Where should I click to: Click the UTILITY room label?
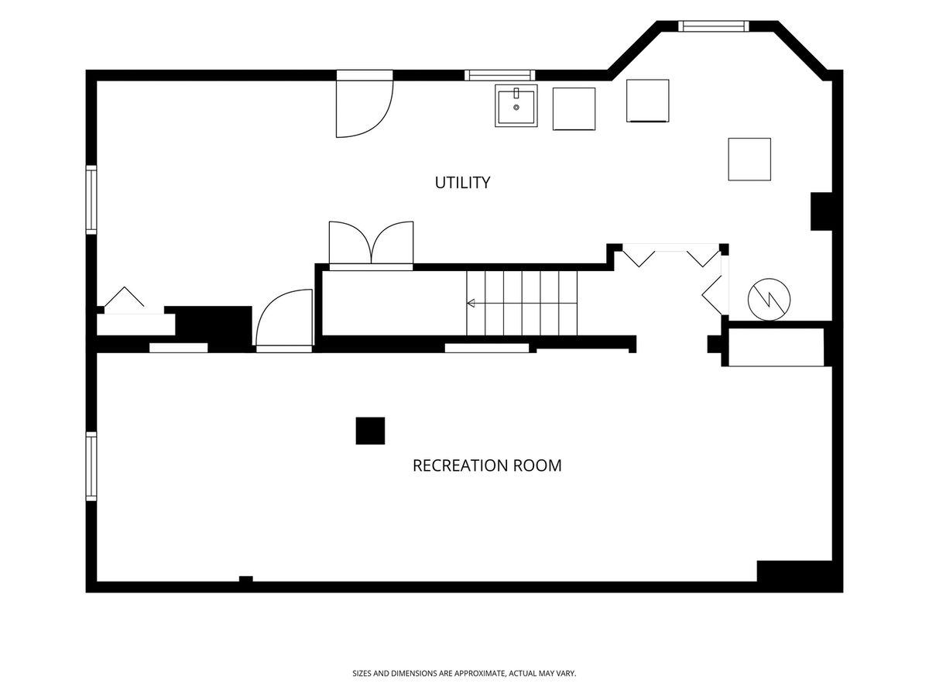462,183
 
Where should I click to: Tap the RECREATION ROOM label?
487,465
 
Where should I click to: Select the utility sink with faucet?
516,105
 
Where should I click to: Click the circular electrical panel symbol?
769,299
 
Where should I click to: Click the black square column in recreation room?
370,431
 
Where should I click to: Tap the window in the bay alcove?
714,26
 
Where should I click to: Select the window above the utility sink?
500,75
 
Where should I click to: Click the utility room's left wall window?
91,199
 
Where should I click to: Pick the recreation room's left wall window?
91,466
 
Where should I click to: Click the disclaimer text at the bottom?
464,673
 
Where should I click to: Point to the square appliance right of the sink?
574,108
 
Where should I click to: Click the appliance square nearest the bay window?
647,101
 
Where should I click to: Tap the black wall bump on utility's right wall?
821,211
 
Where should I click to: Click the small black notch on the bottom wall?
246,579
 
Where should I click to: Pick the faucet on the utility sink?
516,93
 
